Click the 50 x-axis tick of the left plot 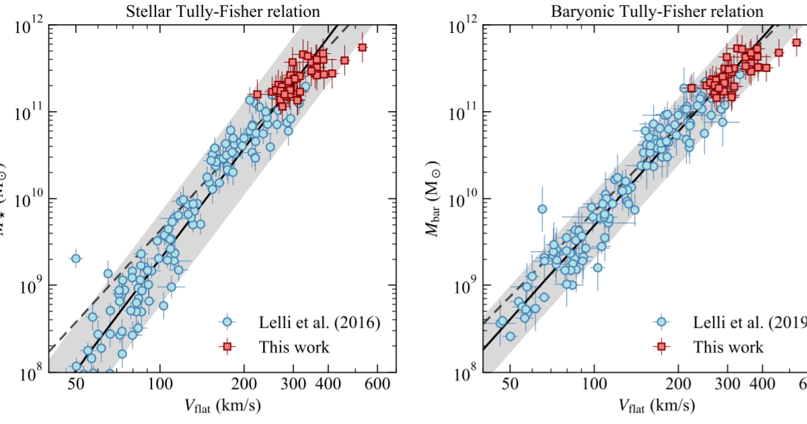pyautogui.click(x=76, y=386)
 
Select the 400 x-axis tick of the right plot pyautogui.click(x=763, y=386)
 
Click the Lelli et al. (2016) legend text pyautogui.click(x=321, y=323)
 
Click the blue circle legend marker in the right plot pyautogui.click(x=662, y=323)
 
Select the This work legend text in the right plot pyautogui.click(x=729, y=347)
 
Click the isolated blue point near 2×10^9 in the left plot pyautogui.click(x=76, y=258)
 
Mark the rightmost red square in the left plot pyautogui.click(x=362, y=47)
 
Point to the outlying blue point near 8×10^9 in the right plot pyautogui.click(x=542, y=209)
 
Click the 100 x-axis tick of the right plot pyautogui.click(x=594, y=386)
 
